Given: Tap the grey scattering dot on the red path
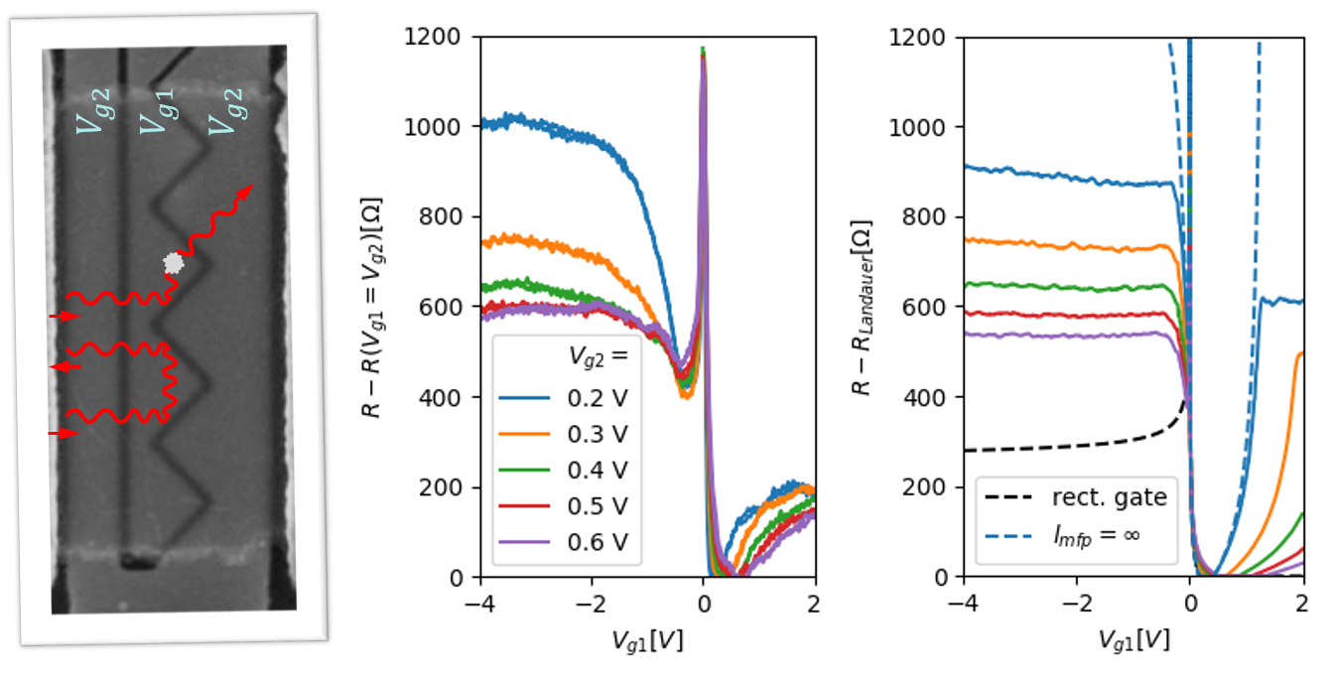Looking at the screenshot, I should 174,263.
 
